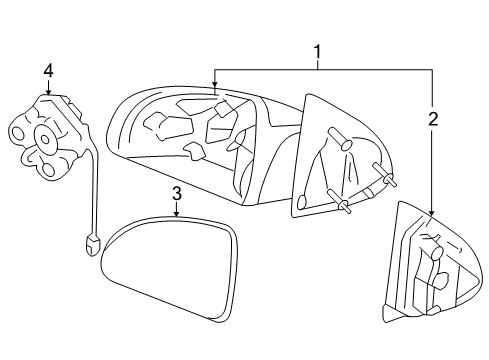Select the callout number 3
pos(176,193)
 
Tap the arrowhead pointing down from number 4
pos(48,93)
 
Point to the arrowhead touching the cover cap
pos(433,212)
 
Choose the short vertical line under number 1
pos(318,62)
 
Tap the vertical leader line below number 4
pos(48,84)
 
